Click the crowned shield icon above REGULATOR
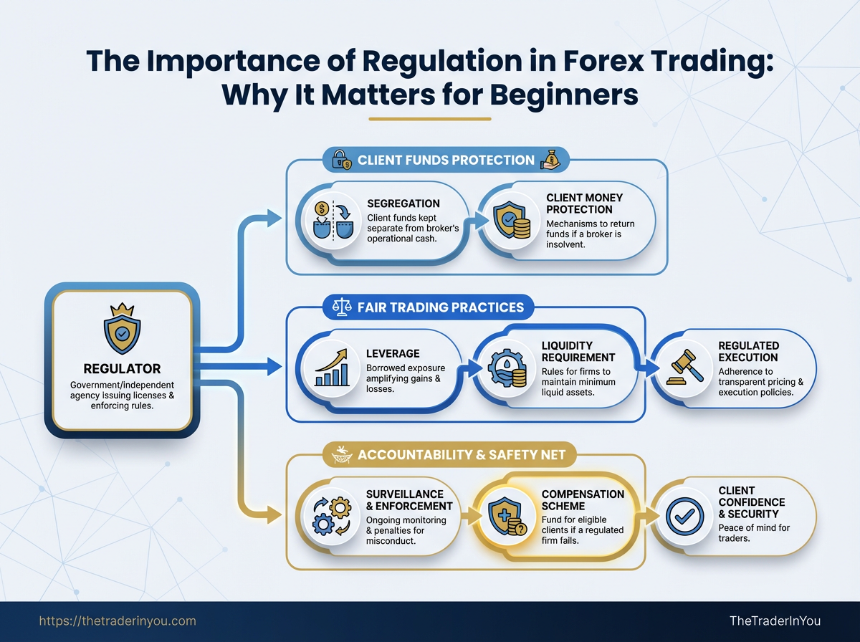(123, 328)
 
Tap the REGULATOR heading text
(123, 368)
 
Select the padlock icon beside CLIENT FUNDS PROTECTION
(341, 159)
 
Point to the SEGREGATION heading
(403, 203)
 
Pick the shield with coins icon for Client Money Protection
(512, 220)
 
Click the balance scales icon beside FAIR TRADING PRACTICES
(342, 307)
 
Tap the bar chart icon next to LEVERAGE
(332, 368)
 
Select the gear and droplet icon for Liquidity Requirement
(508, 368)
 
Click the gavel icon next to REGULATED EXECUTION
(684, 367)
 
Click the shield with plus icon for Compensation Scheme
(507, 517)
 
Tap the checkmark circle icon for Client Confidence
(684, 517)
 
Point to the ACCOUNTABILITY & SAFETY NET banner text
(462, 455)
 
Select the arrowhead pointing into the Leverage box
(274, 367)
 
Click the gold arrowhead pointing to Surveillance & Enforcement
(274, 514)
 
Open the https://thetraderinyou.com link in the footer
(118, 621)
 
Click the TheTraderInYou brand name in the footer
(775, 621)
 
